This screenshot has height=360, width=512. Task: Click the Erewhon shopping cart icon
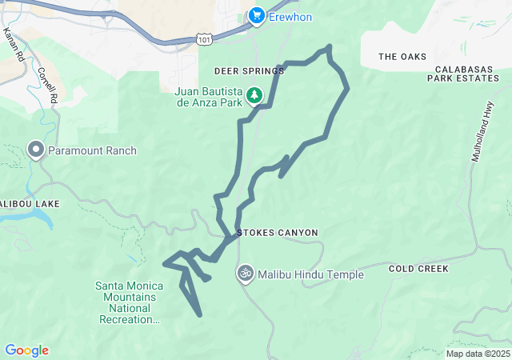[x=256, y=14]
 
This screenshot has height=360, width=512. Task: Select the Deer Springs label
[x=249, y=71]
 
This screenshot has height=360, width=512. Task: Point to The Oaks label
[x=402, y=57]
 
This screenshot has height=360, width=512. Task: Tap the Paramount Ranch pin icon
[x=35, y=150]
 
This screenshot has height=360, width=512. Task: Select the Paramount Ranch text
[x=92, y=150]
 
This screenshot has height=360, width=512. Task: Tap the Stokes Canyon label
[x=278, y=233]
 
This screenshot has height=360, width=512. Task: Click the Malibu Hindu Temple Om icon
[x=246, y=274]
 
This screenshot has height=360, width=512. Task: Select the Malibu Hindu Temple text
[x=312, y=275]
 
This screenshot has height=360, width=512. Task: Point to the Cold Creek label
[x=418, y=269]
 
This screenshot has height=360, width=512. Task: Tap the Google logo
[x=26, y=350]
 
